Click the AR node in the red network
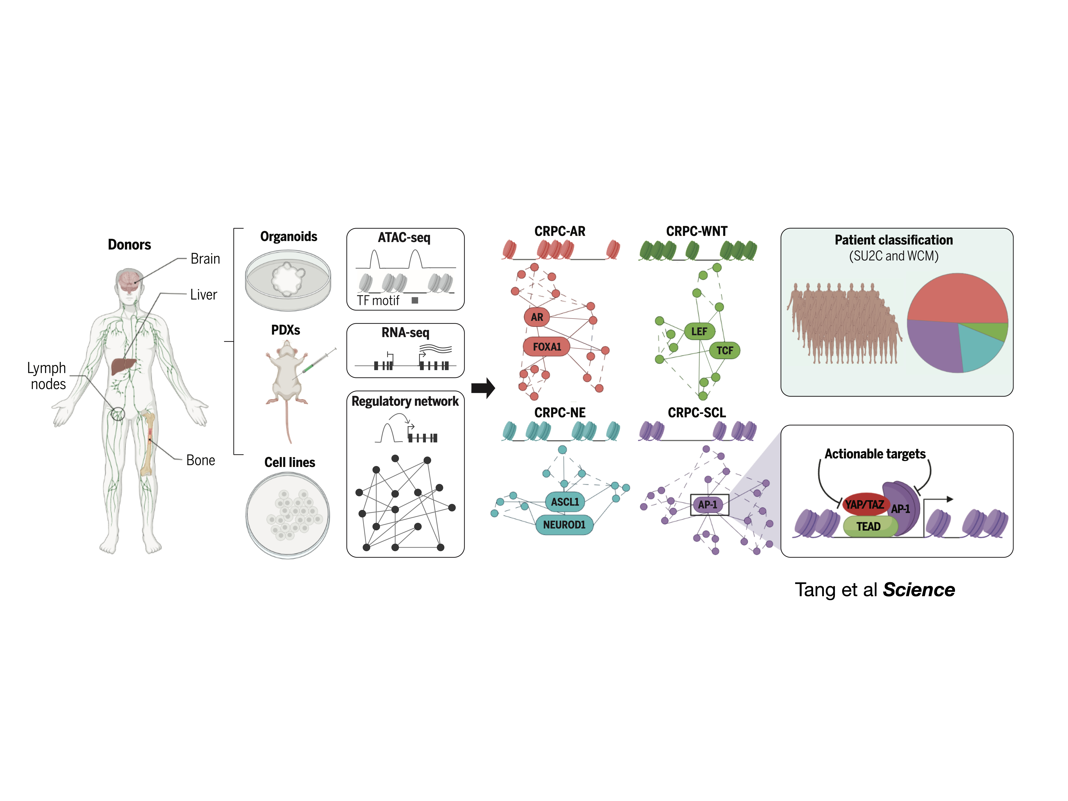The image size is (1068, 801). tap(536, 317)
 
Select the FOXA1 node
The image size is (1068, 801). tap(547, 347)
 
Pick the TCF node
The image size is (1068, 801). tap(724, 351)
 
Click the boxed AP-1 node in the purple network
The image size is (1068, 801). tap(708, 505)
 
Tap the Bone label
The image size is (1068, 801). tap(200, 460)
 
